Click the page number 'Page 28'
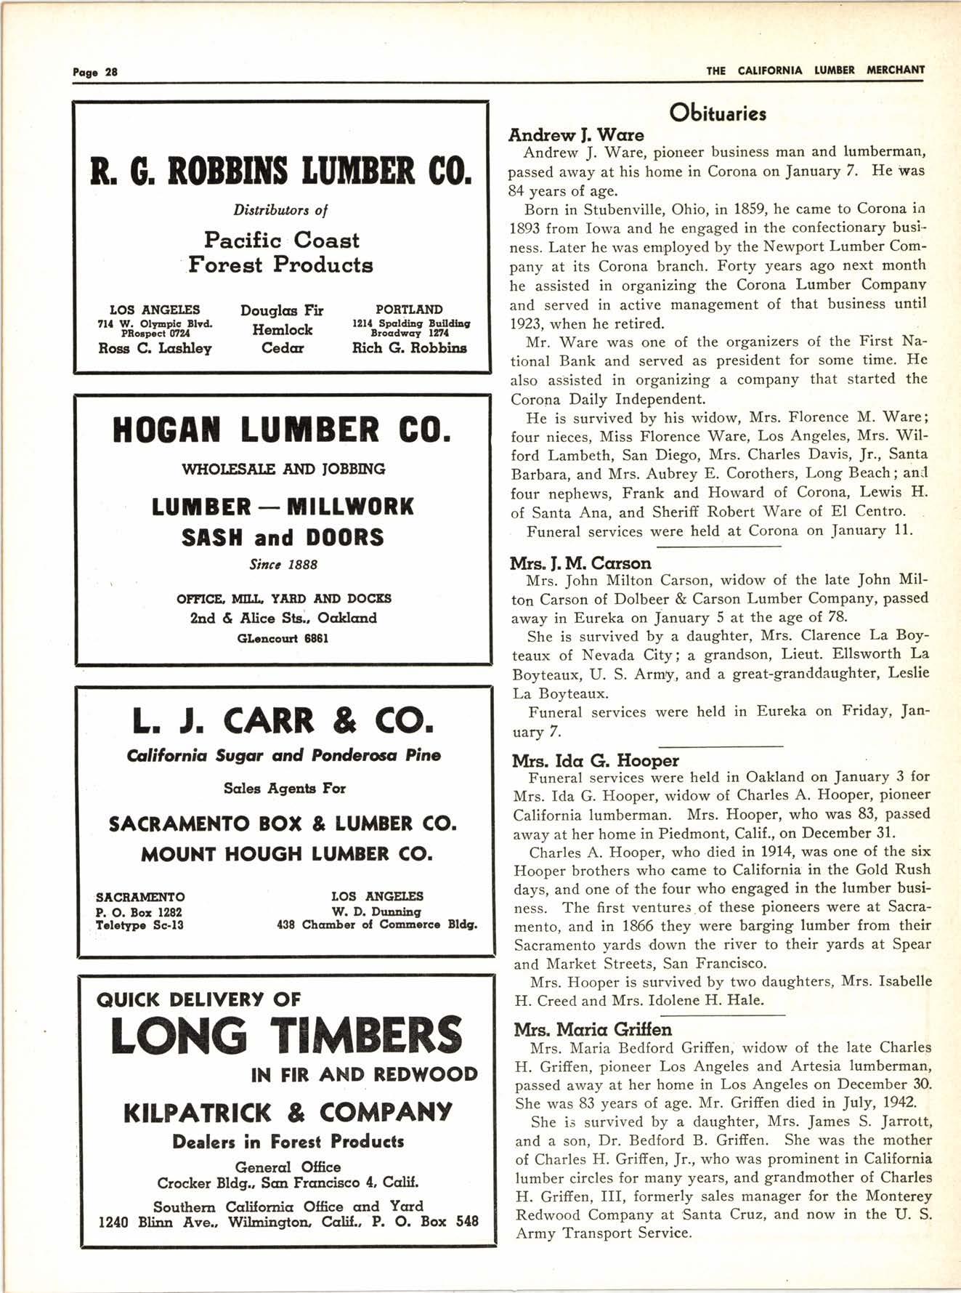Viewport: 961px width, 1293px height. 95,71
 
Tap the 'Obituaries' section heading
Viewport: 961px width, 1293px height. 718,113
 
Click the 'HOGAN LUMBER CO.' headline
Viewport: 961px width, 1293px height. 282,430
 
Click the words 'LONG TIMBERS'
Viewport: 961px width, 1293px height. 286,1035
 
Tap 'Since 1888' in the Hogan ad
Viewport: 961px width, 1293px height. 283,564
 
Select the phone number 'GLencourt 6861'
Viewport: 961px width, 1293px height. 283,639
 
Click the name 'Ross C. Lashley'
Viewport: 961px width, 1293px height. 155,348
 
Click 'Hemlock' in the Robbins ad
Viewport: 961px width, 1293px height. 283,329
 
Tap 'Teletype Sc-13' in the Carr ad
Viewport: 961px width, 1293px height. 139,926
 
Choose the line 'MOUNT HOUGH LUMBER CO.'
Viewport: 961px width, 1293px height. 286,854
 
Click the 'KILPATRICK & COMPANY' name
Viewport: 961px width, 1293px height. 288,1112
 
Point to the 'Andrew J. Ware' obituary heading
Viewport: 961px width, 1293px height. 576,134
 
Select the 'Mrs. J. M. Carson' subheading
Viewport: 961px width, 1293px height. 580,563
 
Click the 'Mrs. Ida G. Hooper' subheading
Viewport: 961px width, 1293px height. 596,760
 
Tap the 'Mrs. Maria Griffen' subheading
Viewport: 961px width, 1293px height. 593,1029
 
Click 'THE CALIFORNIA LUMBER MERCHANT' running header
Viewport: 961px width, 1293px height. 815,71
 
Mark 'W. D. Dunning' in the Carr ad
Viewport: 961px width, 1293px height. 376,911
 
